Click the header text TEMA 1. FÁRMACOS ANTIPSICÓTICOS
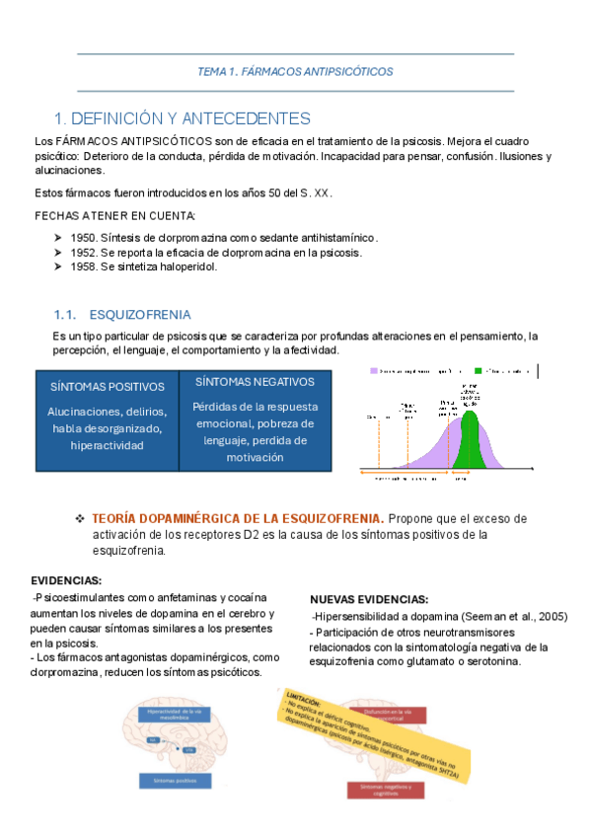[x=295, y=72]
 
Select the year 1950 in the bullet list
[x=84, y=238]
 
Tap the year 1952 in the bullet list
[x=84, y=253]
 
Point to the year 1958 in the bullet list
[x=84, y=266]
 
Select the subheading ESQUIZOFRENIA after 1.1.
[x=140, y=315]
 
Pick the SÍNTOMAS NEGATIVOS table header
[x=255, y=381]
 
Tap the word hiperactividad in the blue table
[x=107, y=445]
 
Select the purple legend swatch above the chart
[x=375, y=371]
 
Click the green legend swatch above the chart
[x=479, y=371]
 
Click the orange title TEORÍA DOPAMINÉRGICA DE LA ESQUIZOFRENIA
[x=238, y=518]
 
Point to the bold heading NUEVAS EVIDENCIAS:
[x=369, y=599]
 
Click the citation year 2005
[x=551, y=616]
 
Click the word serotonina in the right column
[x=488, y=661]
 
